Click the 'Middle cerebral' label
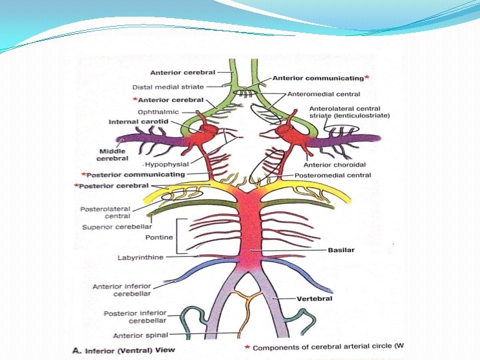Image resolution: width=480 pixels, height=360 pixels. point(97,155)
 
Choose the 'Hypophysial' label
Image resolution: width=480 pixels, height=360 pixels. point(166,163)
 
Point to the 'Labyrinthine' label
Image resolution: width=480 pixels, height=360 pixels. point(140,257)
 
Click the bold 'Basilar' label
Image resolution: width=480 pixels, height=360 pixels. point(340,251)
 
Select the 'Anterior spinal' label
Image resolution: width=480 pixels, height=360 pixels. point(141,335)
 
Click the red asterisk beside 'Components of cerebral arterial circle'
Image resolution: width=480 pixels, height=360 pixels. point(247,347)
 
